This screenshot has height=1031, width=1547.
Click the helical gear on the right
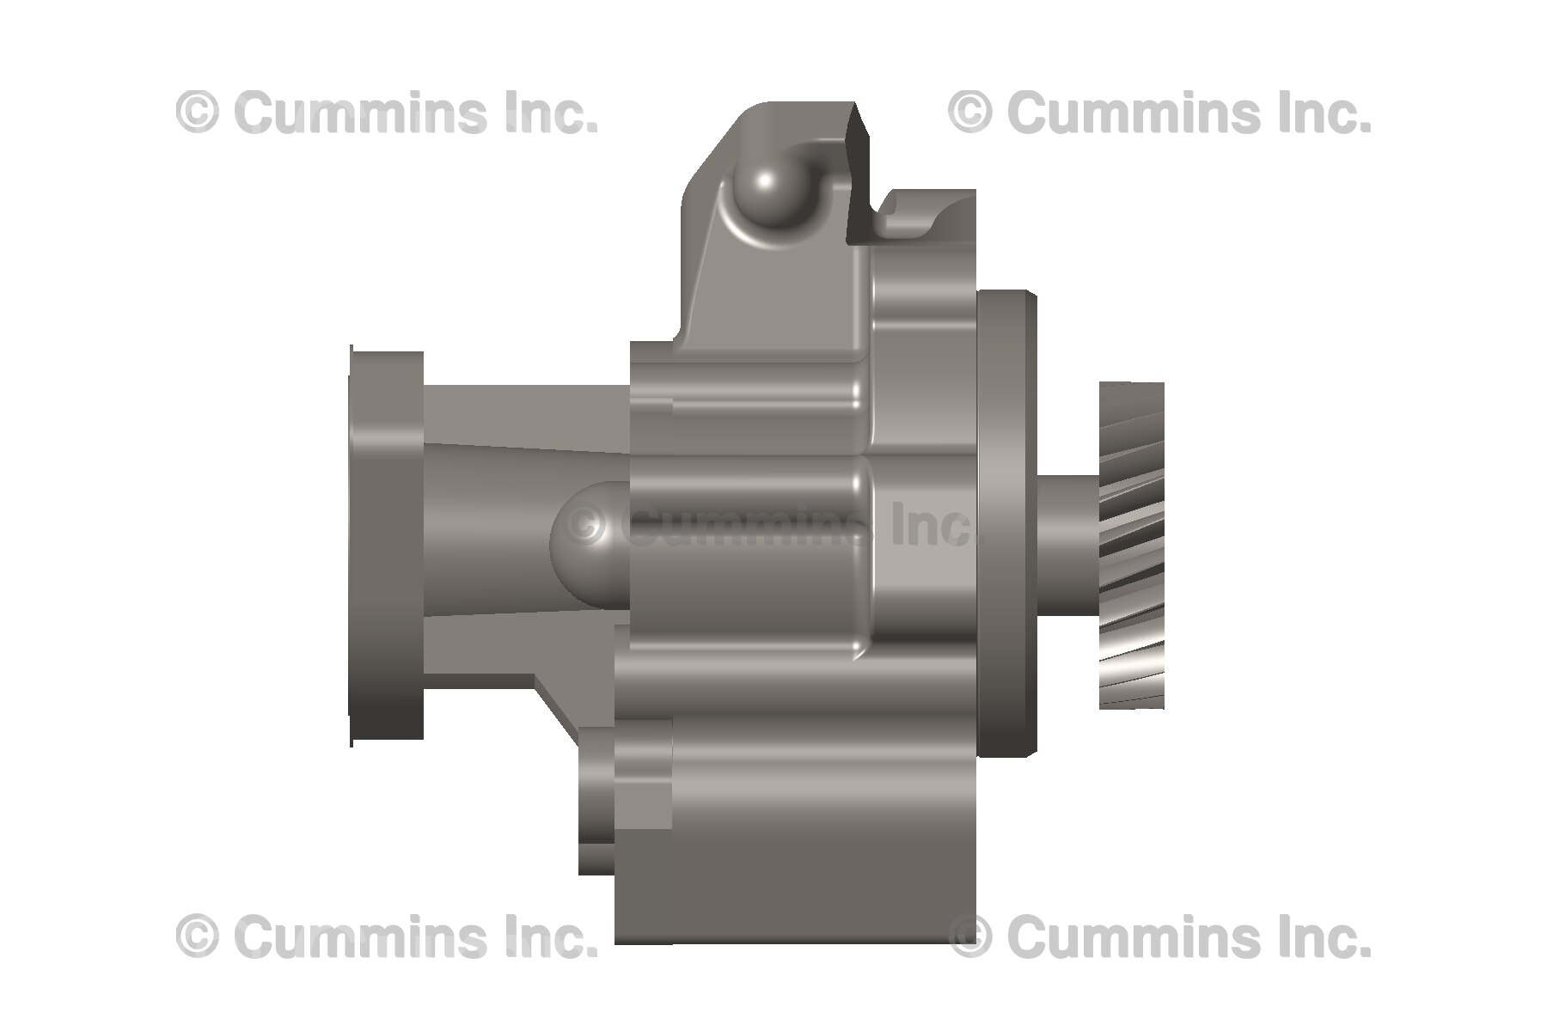1132,546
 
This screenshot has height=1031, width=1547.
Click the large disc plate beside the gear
1006,524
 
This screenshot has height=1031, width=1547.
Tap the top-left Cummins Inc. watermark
387,113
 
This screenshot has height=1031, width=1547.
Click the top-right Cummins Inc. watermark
1159,113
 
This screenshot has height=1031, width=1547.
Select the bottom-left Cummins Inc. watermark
387,936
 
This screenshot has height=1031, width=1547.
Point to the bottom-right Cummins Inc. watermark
1159,936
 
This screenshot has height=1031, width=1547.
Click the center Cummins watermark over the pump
773,526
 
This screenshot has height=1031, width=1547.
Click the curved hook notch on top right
911,215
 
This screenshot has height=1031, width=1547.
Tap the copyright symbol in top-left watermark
198,113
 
